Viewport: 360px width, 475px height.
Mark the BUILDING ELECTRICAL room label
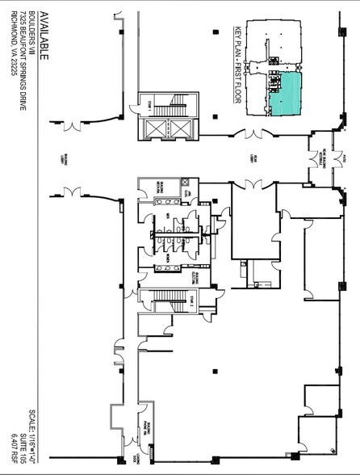click(195, 277)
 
